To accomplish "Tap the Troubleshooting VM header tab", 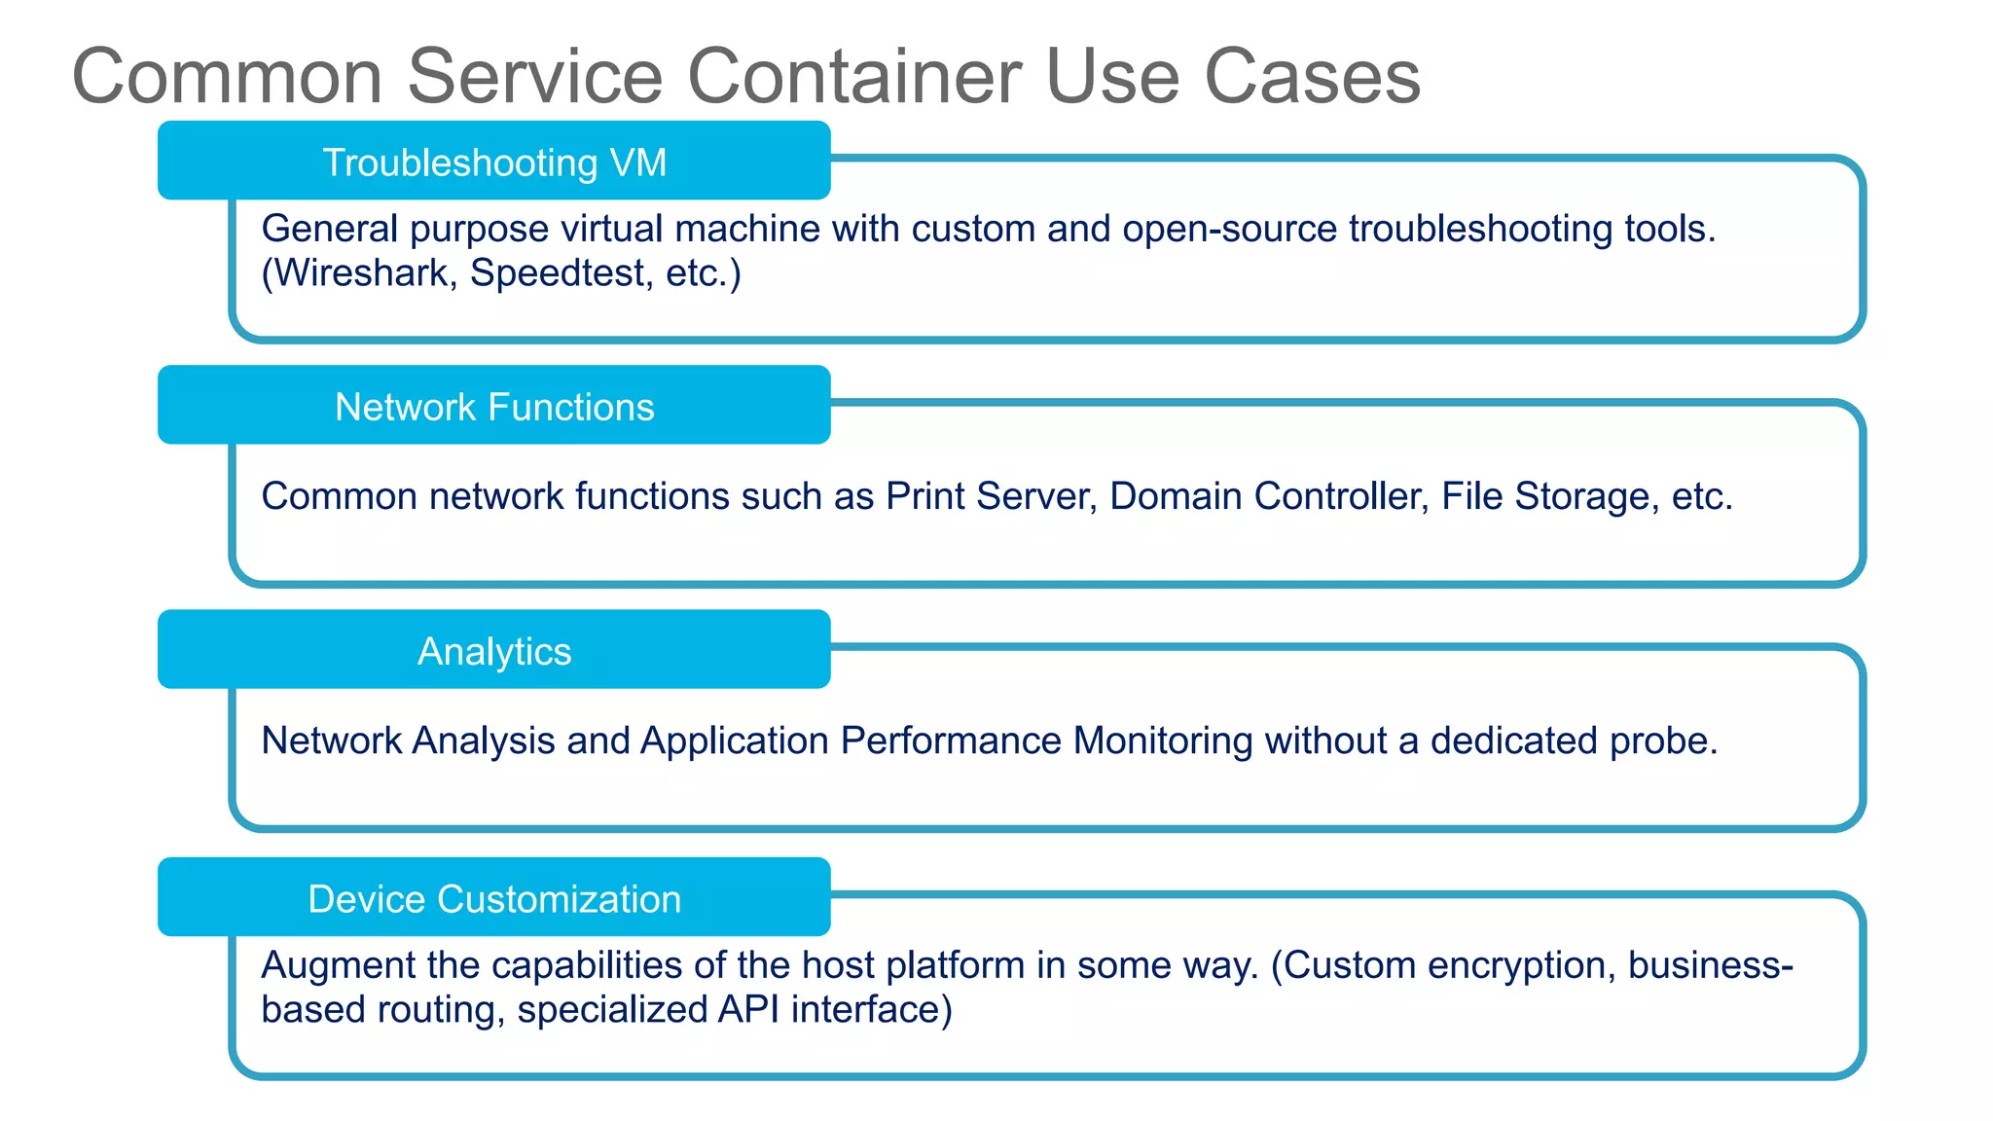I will pos(494,162).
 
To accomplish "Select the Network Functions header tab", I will pos(494,407).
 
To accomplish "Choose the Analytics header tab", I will pos(494,651).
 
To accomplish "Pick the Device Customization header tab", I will pos(494,899).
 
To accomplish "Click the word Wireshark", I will pos(361,272).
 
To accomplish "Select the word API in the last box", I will pos(748,1009).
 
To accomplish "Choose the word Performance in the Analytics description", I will pos(951,741).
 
